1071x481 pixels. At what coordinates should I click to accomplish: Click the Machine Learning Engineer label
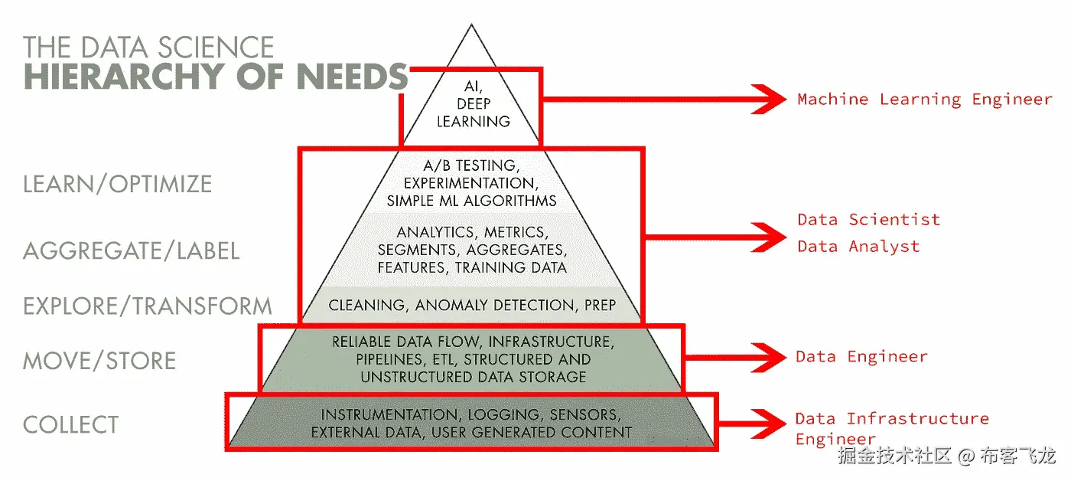[x=924, y=99]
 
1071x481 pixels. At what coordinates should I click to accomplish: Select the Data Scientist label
[x=868, y=220]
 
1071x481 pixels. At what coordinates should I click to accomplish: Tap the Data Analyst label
[x=858, y=247]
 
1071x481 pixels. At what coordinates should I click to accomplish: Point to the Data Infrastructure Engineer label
[x=891, y=428]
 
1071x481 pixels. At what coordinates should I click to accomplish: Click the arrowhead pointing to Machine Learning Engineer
[x=769, y=99]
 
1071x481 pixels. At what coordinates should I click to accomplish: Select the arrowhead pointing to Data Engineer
[x=769, y=357]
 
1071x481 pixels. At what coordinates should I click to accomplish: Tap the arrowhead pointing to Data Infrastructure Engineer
[x=769, y=420]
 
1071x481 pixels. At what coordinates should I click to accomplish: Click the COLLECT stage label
[x=71, y=424]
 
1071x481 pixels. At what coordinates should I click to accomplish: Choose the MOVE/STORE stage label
[x=99, y=361]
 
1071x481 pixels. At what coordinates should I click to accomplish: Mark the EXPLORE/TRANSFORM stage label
[x=148, y=306]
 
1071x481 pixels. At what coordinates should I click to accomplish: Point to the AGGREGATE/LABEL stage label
[x=131, y=250]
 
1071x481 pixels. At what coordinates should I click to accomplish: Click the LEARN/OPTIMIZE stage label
[x=117, y=184]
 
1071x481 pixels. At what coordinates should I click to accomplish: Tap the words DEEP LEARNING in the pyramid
[x=473, y=113]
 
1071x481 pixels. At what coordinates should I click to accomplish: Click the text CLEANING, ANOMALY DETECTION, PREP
[x=472, y=306]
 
